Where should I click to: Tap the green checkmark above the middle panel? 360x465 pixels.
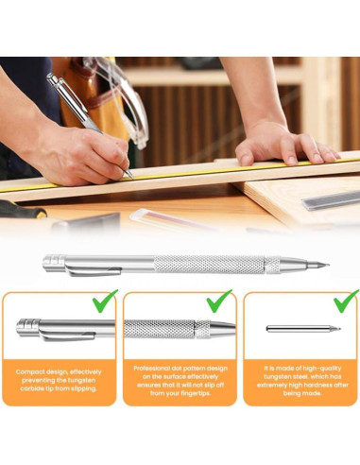coord(219,301)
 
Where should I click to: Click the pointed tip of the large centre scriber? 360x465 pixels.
coord(324,265)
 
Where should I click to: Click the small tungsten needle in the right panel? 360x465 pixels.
coord(302,329)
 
